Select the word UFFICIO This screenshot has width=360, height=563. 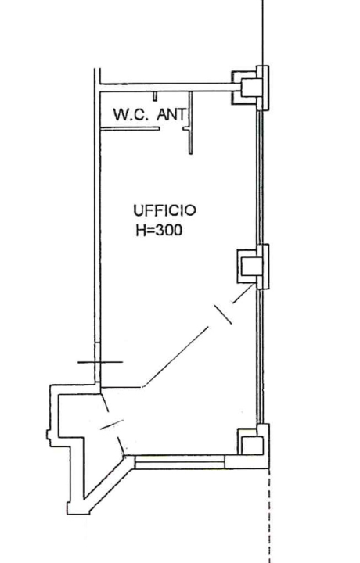coord(164,210)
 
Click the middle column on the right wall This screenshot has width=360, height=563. coord(252,266)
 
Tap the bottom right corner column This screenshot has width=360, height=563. coord(252,444)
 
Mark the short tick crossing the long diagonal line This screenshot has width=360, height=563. coord(224,314)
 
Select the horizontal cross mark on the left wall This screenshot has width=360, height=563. coord(99,363)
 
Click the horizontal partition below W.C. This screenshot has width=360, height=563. coord(130,128)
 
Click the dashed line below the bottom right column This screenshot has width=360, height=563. coord(268,516)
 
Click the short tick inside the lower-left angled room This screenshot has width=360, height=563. coord(111,425)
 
